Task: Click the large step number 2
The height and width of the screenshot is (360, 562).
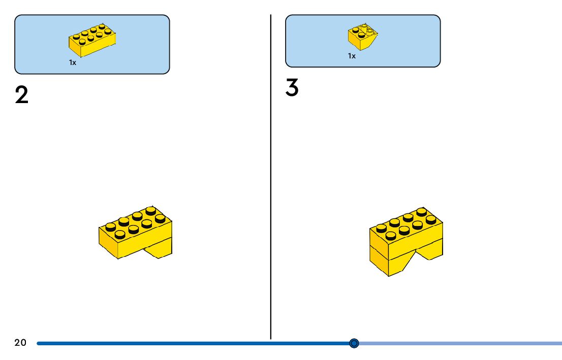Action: pyautogui.click(x=22, y=95)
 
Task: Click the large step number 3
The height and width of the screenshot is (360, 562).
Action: pyautogui.click(x=292, y=88)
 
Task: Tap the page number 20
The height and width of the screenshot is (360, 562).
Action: pyautogui.click(x=20, y=343)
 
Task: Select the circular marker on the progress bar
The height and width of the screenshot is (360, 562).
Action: pyautogui.click(x=354, y=343)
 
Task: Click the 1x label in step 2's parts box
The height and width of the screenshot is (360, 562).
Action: pyautogui.click(x=73, y=62)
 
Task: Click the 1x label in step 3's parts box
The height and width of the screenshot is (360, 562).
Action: pyautogui.click(x=352, y=56)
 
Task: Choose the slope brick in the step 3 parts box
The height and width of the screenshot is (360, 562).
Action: pyautogui.click(x=363, y=37)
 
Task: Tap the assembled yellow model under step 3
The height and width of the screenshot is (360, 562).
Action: pyautogui.click(x=405, y=241)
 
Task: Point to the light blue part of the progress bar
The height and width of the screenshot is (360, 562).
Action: pyautogui.click(x=457, y=343)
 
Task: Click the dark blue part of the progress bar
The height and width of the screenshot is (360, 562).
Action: pyautogui.click(x=193, y=343)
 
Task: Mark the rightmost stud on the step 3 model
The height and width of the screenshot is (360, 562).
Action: pyautogui.click(x=431, y=219)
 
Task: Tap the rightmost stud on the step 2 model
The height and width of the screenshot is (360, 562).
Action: pyautogui.click(x=160, y=218)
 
